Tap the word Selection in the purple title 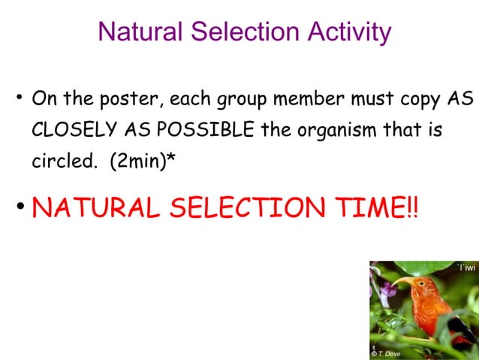point(242,32)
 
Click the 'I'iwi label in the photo point(465,268)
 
